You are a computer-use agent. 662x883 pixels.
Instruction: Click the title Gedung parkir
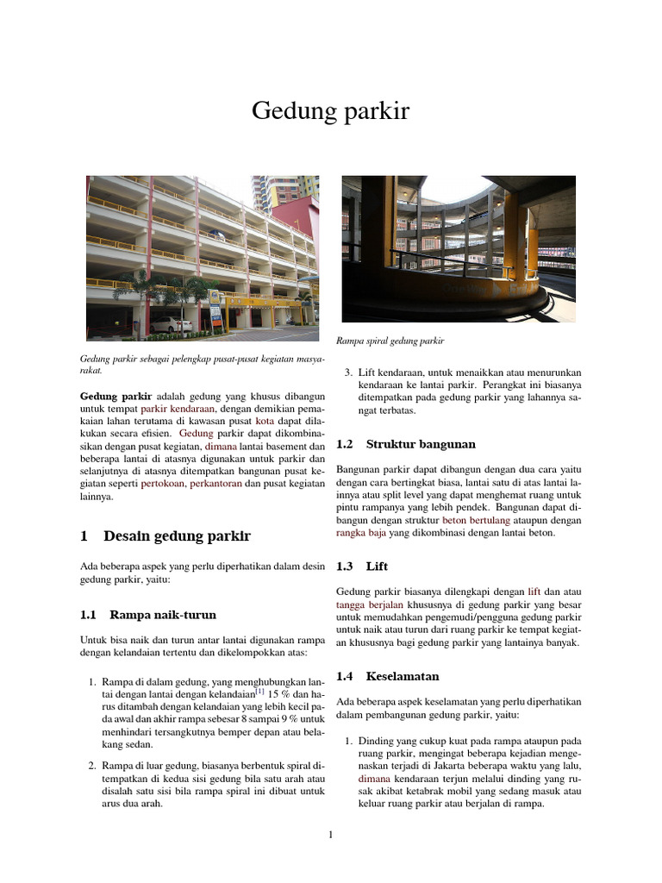[330, 111]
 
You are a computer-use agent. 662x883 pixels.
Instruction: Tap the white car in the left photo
[171, 324]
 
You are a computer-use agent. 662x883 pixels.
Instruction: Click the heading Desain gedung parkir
[177, 536]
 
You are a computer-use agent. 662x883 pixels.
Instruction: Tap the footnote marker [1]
[259, 692]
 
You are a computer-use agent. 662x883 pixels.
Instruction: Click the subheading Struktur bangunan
[421, 444]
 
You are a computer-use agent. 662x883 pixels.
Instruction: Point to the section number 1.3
[345, 567]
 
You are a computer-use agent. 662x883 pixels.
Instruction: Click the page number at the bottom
[330, 834]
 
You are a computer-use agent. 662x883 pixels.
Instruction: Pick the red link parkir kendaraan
[179, 409]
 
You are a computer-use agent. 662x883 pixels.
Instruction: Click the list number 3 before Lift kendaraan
[347, 373]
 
